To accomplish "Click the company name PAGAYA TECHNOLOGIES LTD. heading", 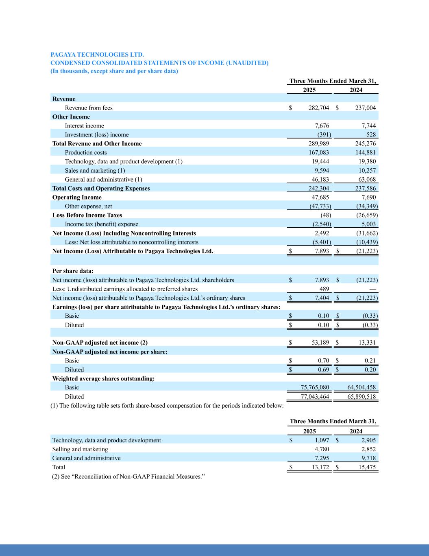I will click(97, 54).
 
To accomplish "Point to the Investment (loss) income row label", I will click(97, 135).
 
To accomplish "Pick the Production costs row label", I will click(86, 153).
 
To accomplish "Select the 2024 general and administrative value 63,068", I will click(366, 180).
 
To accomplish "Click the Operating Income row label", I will click(77, 198).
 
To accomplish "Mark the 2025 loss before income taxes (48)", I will click(326, 215).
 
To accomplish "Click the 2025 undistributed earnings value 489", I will click(324, 289).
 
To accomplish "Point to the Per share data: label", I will click(73, 271).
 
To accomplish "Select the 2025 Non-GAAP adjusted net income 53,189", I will click(320, 343).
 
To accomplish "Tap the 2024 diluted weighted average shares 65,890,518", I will click(361, 397).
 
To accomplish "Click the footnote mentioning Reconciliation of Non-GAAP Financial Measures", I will click(127, 476).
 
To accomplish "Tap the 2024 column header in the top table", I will click(356, 90).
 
